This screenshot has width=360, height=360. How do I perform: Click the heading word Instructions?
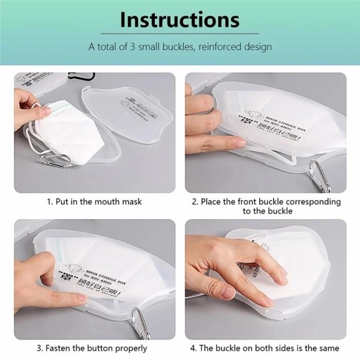[179, 20]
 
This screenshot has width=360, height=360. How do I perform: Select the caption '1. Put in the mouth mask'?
[94, 202]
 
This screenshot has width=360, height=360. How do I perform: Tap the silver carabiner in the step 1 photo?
[53, 160]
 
